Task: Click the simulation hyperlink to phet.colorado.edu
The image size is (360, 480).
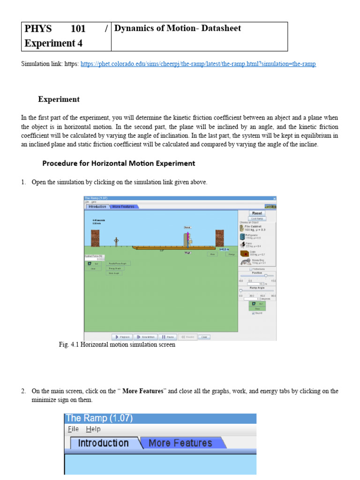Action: tap(198, 64)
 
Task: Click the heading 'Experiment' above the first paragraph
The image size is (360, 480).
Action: tap(59, 99)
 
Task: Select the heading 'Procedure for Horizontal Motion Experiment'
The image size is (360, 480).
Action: tap(119, 164)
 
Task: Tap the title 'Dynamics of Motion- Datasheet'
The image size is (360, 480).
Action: tap(178, 29)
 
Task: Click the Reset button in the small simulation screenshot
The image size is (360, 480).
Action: tap(257, 213)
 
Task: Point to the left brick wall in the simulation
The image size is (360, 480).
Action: tap(96, 239)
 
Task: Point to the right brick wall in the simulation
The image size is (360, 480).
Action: tap(219, 239)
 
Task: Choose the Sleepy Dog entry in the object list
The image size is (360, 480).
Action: tap(253, 261)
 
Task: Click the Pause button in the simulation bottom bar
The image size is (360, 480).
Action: tap(167, 337)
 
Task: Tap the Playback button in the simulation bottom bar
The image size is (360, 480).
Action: tap(122, 337)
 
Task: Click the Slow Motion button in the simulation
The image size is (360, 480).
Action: tap(146, 337)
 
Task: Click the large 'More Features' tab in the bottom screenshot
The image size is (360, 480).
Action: tap(180, 443)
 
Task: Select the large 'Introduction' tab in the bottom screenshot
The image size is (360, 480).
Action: tap(103, 443)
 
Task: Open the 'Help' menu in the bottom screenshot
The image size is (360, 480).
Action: tap(93, 429)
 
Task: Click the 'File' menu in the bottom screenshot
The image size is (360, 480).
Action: tap(73, 429)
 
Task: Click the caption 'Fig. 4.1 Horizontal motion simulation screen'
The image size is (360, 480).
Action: tap(117, 345)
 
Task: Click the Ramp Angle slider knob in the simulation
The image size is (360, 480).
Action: tap(241, 291)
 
